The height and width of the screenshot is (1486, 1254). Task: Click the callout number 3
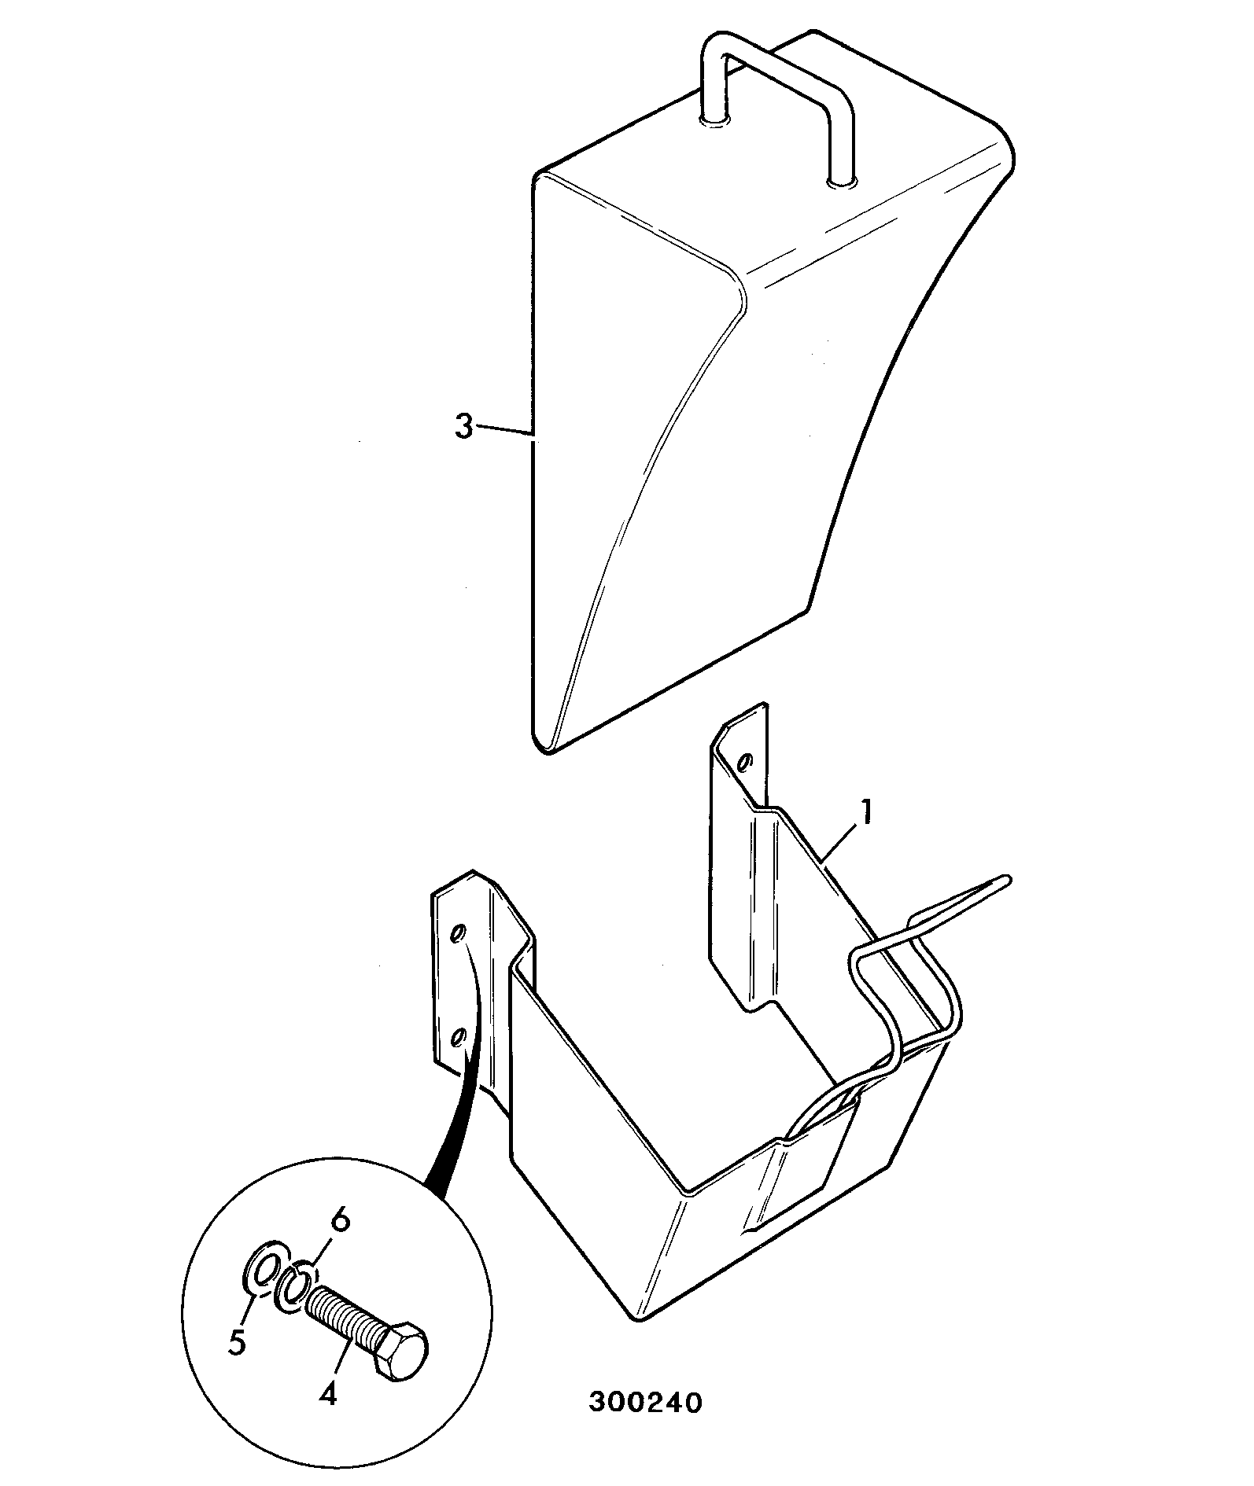coord(464,428)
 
